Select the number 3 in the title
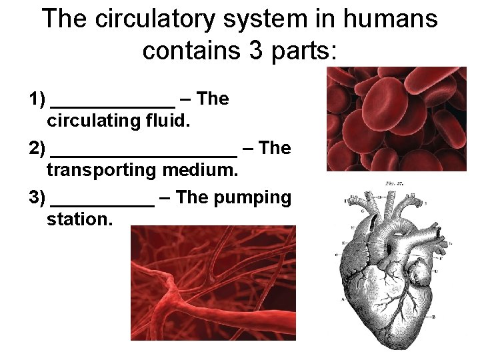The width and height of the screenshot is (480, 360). click(256, 50)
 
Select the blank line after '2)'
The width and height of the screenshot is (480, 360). click(143, 153)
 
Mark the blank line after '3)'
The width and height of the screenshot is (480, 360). click(102, 203)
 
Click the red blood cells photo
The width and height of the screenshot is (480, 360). click(396, 119)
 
